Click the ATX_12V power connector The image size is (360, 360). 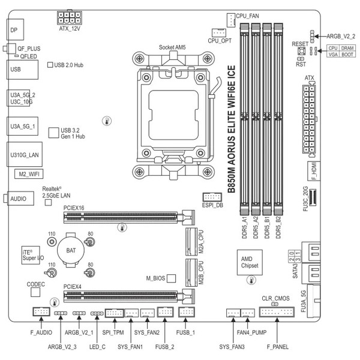click(70, 17)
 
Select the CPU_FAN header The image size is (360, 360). click(231, 20)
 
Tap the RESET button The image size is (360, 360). click(301, 51)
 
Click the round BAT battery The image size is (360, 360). click(71, 250)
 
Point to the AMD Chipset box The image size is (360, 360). click(250, 262)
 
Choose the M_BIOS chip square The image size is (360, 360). click(171, 278)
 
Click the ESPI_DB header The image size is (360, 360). click(212, 197)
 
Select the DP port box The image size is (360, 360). click(15, 29)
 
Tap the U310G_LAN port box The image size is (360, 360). click(25, 154)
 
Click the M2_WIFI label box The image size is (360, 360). click(29, 174)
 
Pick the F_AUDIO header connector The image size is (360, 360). click(41, 311)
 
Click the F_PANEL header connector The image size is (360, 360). click(277, 312)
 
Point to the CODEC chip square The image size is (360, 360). click(35, 292)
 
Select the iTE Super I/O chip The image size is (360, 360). click(31, 256)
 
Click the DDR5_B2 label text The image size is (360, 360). click(278, 227)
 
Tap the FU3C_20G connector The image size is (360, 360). click(313, 197)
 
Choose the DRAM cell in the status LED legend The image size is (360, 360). click(347, 48)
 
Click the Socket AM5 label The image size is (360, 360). click(172, 47)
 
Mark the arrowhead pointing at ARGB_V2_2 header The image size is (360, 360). click(316, 36)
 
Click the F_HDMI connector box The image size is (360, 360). click(314, 171)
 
